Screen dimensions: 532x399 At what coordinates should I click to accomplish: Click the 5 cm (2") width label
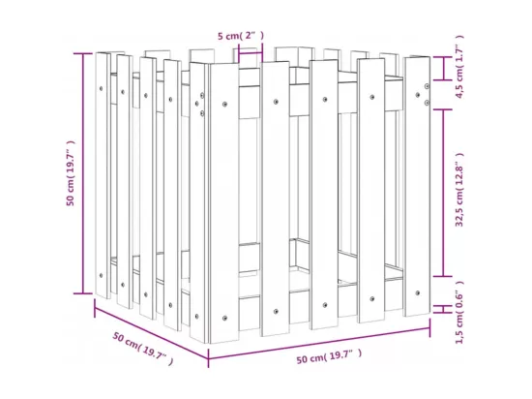(x=241, y=36)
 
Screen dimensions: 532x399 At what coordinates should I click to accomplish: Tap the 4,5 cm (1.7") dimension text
(x=459, y=67)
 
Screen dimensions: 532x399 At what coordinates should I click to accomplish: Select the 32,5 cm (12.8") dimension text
(x=459, y=190)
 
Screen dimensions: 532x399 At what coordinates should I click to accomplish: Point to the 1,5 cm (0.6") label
(x=459, y=313)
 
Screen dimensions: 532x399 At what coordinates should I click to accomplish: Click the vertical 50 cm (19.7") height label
(x=71, y=172)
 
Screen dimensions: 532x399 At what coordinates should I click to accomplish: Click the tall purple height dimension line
(x=83, y=173)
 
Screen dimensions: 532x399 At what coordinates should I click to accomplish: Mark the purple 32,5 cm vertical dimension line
(x=443, y=193)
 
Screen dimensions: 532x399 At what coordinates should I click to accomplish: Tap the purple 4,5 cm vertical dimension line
(x=443, y=69)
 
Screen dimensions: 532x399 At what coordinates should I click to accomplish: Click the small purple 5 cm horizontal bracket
(x=251, y=52)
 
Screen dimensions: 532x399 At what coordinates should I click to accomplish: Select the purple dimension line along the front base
(x=319, y=343)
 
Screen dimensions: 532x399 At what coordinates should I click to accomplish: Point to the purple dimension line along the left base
(x=151, y=328)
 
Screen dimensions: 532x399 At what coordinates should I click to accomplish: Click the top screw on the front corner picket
(x=224, y=105)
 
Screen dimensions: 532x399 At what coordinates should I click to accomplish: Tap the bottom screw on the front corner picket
(x=224, y=319)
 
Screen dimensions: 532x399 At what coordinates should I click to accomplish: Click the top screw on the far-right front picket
(x=418, y=95)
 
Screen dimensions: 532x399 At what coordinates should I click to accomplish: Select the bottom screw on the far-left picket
(x=101, y=275)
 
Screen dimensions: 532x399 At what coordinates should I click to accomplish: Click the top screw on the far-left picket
(x=101, y=89)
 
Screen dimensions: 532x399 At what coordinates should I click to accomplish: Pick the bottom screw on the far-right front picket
(x=418, y=292)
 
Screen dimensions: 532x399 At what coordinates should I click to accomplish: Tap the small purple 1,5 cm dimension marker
(x=443, y=309)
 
